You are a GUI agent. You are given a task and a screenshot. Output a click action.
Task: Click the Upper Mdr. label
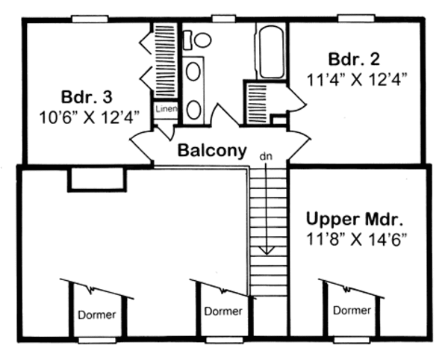(x=355, y=220)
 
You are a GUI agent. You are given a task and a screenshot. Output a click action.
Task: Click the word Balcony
(x=211, y=151)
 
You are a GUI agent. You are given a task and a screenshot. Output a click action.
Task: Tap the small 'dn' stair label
(x=265, y=157)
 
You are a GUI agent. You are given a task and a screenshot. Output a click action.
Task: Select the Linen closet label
(x=164, y=110)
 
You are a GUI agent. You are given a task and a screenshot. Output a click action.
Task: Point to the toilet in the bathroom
(x=199, y=40)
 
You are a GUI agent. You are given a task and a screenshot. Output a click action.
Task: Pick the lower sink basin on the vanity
(x=193, y=109)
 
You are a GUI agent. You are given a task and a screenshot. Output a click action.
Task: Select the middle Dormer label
(x=223, y=311)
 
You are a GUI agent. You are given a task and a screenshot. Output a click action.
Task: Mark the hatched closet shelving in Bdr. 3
(x=164, y=60)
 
